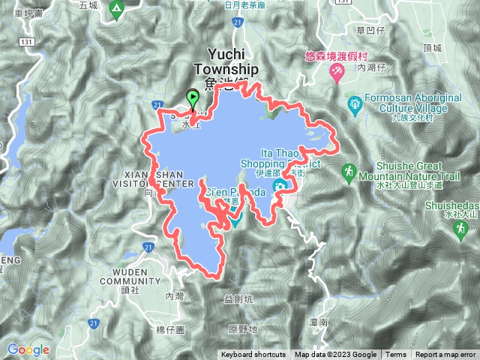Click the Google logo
tap(28, 349)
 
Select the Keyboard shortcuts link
tap(253, 355)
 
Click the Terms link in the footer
tap(396, 355)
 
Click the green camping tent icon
tap(115, 10)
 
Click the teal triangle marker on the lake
tap(235, 220)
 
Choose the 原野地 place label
tap(243, 328)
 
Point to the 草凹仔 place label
tap(370, 31)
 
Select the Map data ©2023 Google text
tap(336, 355)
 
